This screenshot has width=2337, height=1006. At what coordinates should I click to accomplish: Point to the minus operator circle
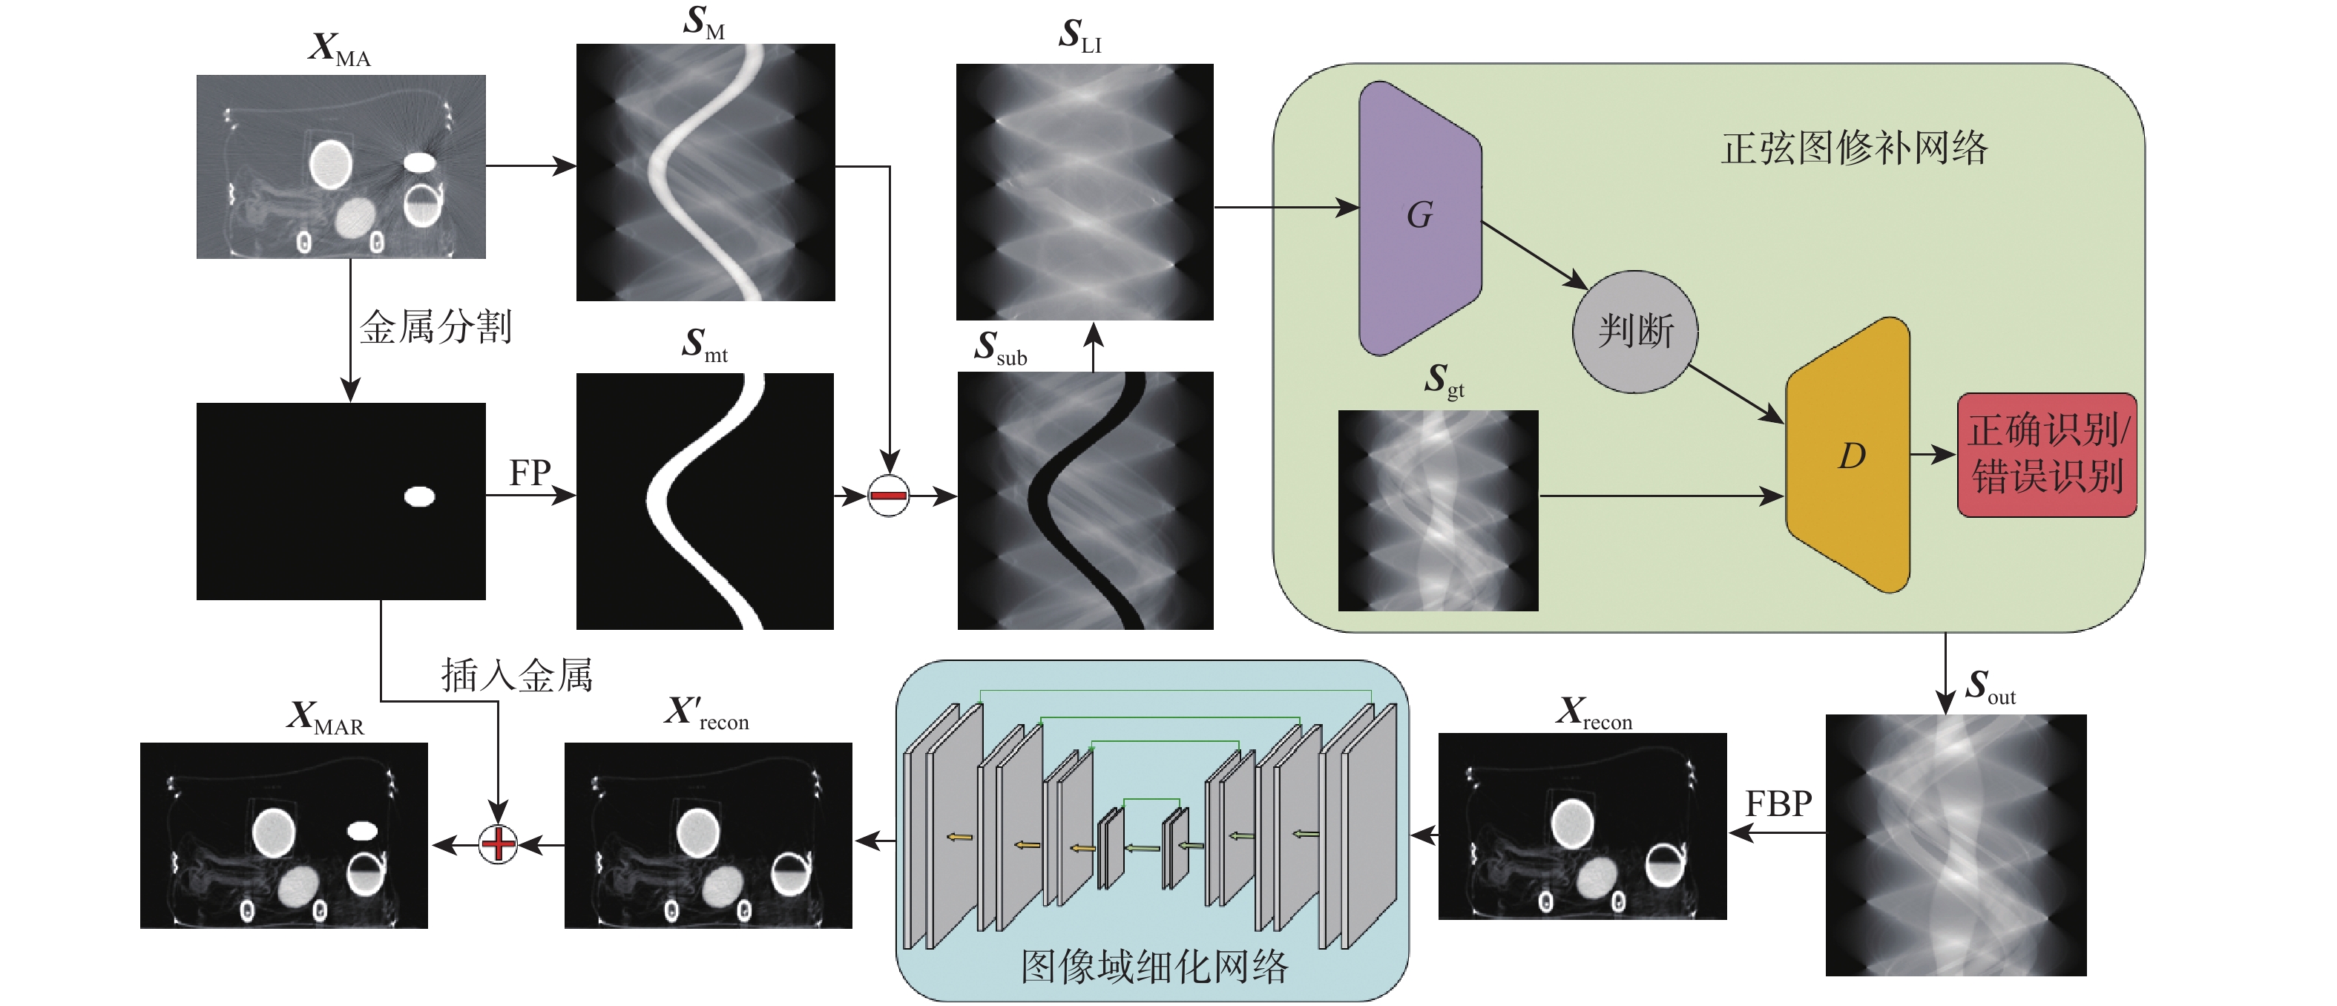[x=888, y=496]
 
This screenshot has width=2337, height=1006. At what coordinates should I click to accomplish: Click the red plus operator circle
[x=498, y=844]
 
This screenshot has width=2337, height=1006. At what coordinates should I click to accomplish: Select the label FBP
[x=1778, y=803]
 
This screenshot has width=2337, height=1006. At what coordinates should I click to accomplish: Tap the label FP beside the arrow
[x=530, y=473]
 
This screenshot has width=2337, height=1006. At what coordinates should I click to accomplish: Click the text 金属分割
[x=435, y=327]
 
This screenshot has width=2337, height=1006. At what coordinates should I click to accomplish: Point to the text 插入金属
[x=516, y=676]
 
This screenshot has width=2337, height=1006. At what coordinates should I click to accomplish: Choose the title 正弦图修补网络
[x=1853, y=148]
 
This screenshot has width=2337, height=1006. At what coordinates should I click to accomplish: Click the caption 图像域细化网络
[x=1154, y=967]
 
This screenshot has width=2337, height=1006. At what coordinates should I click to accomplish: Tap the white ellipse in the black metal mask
[x=419, y=496]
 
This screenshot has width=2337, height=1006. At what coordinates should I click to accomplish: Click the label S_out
[x=1990, y=687]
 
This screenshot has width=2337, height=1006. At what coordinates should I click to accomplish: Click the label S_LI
[x=1079, y=36]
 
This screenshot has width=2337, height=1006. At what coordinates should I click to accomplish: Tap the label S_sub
[x=1000, y=349]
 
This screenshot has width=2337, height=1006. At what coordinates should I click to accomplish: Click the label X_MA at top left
[x=339, y=49]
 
